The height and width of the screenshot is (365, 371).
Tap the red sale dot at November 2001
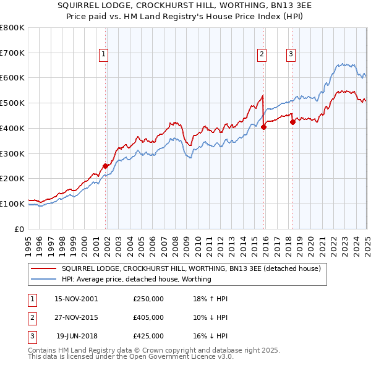[x=106, y=166]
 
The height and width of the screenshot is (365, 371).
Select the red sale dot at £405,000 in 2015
[x=263, y=127]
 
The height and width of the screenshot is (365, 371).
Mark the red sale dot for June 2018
[x=292, y=122]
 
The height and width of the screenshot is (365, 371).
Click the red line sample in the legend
[x=43, y=269]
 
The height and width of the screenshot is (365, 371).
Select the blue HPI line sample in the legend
[x=43, y=279]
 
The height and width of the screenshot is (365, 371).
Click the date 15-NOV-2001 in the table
[x=76, y=299]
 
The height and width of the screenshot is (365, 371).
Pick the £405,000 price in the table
[x=148, y=317]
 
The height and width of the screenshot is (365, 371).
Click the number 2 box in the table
[x=32, y=317]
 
